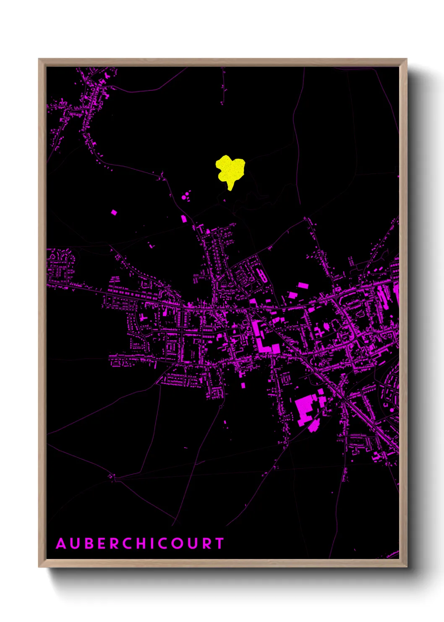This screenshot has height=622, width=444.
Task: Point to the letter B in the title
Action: point(90,543)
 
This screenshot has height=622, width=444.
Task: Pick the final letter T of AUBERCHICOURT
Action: point(219,543)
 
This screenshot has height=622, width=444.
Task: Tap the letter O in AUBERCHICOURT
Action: point(176,543)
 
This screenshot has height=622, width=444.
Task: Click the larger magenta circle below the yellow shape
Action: point(183,196)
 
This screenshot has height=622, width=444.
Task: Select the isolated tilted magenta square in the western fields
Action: point(114,212)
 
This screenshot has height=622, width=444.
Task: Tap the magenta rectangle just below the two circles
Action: point(183,219)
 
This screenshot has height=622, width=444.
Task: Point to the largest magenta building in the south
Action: point(305,408)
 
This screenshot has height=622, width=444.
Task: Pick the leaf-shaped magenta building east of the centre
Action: point(326,326)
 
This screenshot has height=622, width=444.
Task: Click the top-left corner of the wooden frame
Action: point(39,59)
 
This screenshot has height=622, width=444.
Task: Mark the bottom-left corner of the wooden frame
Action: point(39,567)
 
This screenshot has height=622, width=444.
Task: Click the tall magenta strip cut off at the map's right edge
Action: point(397,294)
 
